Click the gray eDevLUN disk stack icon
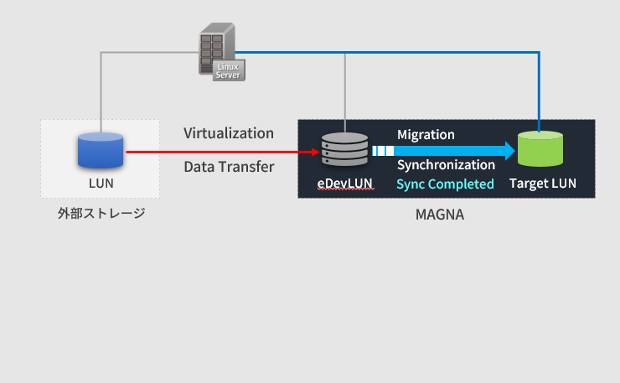344,150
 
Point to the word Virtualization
229,133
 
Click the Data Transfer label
229,167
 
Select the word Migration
426,134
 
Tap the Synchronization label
446,165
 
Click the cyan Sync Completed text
445,184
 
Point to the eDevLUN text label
344,184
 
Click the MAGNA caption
440,215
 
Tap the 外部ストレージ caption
101,214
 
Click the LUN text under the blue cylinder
101,183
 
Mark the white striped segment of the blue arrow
382,151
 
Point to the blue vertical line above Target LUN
539,92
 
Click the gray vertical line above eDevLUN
345,92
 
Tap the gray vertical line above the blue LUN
101,92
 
